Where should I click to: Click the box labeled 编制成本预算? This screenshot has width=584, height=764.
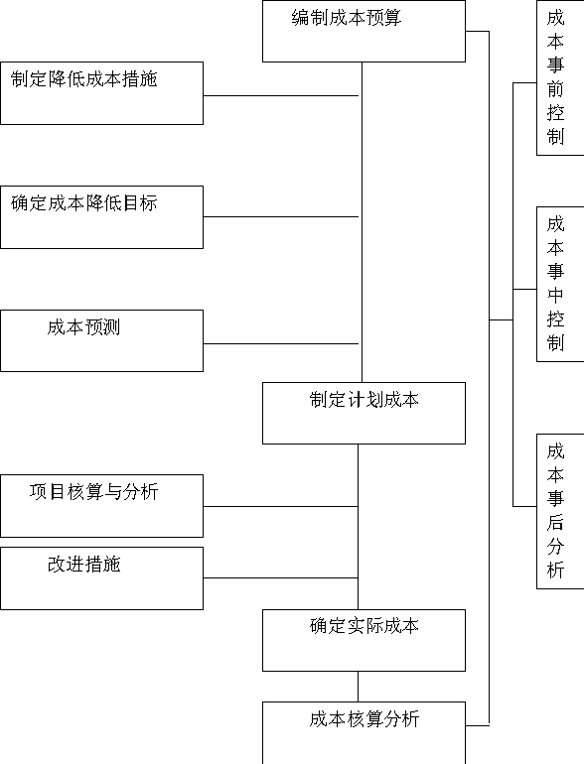click(364, 31)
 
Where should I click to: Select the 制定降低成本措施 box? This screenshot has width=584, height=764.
click(101, 93)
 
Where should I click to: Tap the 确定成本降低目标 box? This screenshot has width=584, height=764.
click(101, 217)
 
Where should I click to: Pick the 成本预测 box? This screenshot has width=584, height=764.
click(101, 340)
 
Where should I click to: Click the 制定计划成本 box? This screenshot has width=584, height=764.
click(364, 413)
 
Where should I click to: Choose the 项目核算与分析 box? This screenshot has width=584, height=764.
click(101, 506)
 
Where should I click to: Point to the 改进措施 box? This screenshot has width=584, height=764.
click(101, 578)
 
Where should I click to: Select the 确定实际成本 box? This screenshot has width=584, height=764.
click(364, 640)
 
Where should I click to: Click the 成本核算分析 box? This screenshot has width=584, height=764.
click(364, 733)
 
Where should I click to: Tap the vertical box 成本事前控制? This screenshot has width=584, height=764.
click(560, 78)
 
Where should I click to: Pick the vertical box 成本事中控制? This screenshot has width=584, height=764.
click(560, 284)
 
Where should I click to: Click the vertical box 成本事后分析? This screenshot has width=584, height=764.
click(560, 511)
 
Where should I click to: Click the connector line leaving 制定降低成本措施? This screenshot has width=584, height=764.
click(281, 95)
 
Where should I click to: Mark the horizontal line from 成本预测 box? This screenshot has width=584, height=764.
click(281, 343)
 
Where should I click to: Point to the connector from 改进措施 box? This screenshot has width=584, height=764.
click(280, 577)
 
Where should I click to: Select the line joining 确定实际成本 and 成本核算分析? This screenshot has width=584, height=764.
click(359, 687)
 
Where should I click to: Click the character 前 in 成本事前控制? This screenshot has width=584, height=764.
click(555, 88)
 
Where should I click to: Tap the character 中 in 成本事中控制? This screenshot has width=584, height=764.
click(555, 295)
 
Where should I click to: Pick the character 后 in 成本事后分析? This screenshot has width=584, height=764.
click(555, 522)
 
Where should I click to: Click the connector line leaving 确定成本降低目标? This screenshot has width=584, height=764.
click(281, 216)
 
